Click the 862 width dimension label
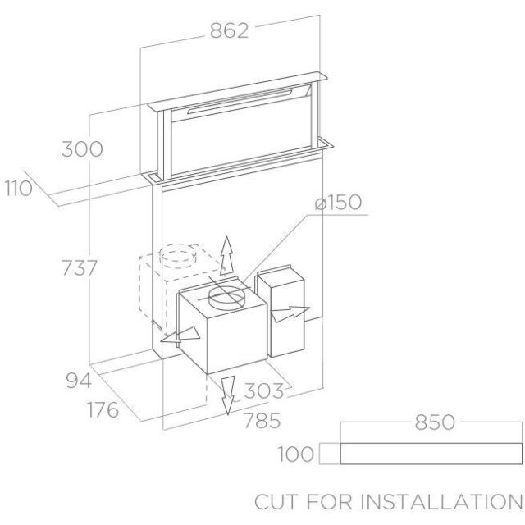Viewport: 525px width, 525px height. (230, 30)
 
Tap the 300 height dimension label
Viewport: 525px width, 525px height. (82, 149)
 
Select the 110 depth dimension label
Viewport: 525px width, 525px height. (19, 188)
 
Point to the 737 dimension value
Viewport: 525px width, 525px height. (80, 267)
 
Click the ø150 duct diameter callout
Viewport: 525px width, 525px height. (338, 203)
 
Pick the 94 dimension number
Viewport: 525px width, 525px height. (79, 381)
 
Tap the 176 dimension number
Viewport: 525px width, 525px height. (103, 409)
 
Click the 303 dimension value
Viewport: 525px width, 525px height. (264, 390)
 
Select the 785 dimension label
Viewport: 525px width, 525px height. (262, 421)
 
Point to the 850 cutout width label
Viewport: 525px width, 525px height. (435, 422)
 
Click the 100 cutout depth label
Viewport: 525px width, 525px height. (296, 454)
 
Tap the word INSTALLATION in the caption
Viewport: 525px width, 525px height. (441, 502)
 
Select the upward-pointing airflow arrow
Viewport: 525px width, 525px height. (227, 256)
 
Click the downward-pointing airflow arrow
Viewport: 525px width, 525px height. (228, 395)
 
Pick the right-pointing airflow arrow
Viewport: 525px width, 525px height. (290, 314)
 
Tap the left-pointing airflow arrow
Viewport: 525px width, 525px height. (180, 336)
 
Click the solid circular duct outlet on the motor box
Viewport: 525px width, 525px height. (225, 297)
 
